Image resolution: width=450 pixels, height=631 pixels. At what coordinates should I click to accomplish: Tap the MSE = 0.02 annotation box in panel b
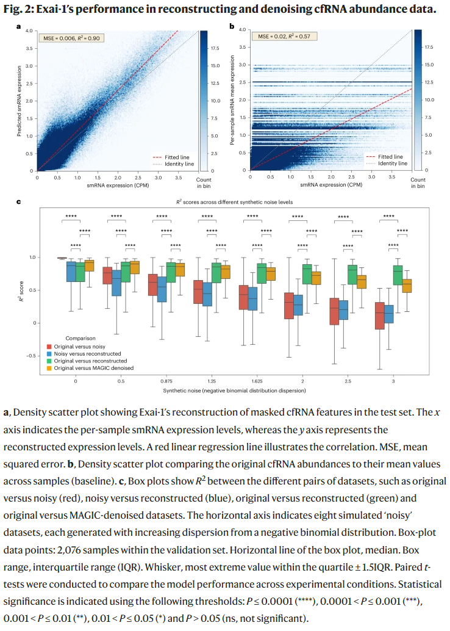[x=282, y=37]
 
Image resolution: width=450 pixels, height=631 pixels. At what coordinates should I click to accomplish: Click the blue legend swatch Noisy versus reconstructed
[x=49, y=354]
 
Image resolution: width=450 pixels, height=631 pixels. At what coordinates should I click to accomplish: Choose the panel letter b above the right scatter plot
[x=231, y=26]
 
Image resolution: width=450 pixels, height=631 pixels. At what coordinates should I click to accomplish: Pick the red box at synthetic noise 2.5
[x=334, y=311]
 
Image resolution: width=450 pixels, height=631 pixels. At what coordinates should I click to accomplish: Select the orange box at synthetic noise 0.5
[x=135, y=267]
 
